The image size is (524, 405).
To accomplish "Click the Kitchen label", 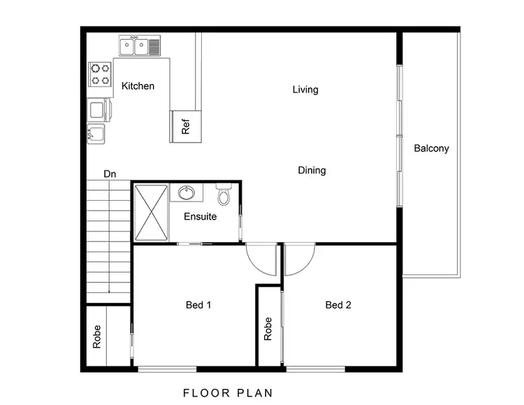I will [138, 86].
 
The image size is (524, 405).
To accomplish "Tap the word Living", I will [305, 90].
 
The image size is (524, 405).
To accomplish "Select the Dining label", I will [312, 170].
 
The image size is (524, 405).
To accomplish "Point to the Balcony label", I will [431, 148].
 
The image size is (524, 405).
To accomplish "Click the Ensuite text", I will [200, 216].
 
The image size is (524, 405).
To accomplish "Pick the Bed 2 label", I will [338, 304].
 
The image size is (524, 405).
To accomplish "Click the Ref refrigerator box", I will [186, 127].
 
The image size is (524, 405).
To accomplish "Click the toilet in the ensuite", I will [224, 194].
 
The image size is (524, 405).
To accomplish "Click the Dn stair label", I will [110, 173].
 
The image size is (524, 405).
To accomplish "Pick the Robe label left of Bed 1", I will [96, 336].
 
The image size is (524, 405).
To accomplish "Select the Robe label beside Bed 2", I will [268, 329].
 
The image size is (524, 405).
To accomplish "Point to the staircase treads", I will [109, 238].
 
